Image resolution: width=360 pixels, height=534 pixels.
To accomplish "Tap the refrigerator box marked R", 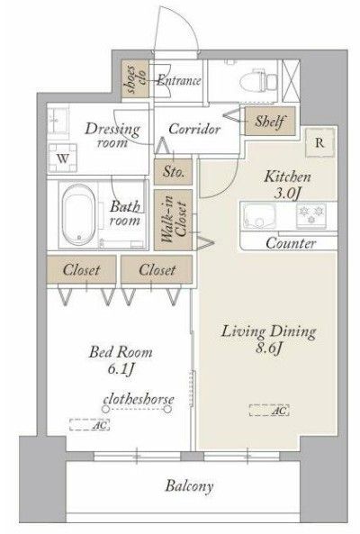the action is [x=319, y=142].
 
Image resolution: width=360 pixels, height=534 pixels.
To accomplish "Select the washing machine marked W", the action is [x=62, y=158].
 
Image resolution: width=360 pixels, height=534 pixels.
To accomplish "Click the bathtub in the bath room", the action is [x=78, y=214].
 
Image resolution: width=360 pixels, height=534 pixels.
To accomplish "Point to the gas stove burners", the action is [x=311, y=215].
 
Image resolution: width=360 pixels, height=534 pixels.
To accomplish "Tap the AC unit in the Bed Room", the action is [x=89, y=424].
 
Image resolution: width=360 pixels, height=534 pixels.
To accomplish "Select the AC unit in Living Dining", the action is [x=269, y=410].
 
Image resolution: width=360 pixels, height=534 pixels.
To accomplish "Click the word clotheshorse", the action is [x=139, y=399].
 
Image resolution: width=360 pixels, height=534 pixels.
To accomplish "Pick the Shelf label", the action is [x=269, y=121].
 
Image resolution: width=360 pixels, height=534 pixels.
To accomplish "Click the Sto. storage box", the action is [x=173, y=171].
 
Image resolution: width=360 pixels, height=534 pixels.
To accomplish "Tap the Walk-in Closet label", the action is [x=174, y=220].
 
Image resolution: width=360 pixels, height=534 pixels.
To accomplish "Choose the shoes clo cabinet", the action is [x=136, y=79].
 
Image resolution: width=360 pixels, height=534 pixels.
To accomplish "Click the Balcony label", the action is [x=189, y=486].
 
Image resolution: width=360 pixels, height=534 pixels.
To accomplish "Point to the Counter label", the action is [x=291, y=243].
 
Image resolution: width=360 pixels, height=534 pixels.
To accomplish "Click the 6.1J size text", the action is [x=121, y=369].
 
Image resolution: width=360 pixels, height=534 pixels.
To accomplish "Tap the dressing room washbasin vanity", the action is [x=58, y=120].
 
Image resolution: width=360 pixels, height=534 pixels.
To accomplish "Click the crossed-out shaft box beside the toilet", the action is [x=291, y=81].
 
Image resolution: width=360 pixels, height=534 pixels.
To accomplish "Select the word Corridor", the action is [x=194, y=129].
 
